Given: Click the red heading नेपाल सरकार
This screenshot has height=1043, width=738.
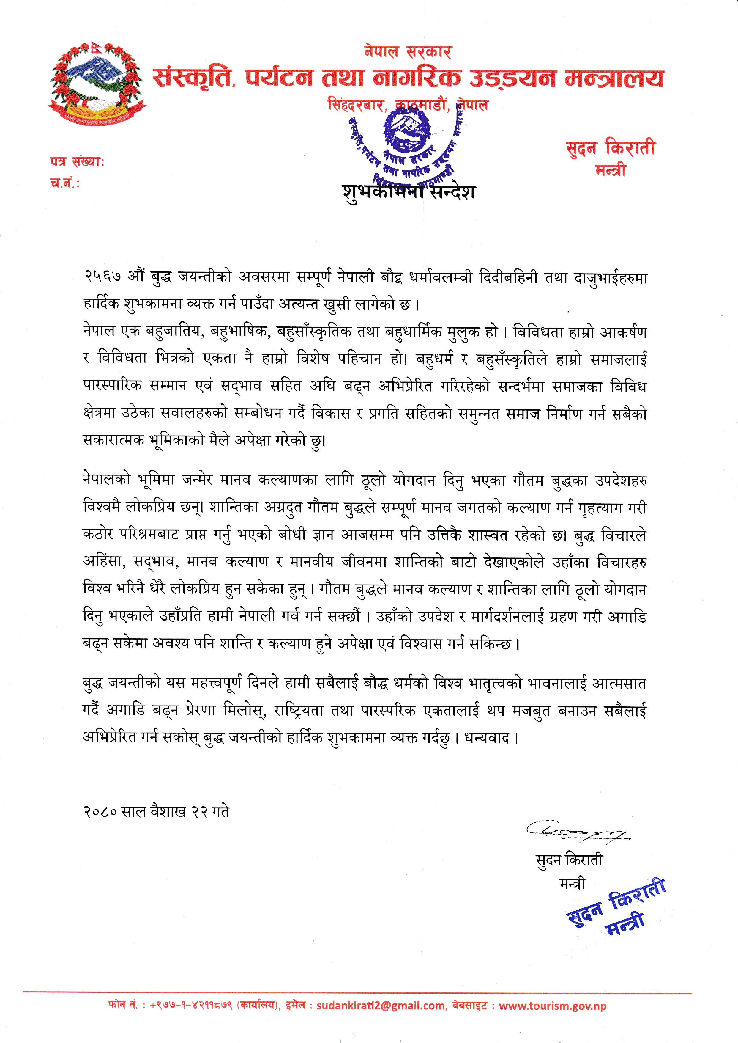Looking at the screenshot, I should (408, 51).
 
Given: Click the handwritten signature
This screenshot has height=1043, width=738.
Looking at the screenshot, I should (576, 830).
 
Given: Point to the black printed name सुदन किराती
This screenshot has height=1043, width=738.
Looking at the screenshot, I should (569, 860).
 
